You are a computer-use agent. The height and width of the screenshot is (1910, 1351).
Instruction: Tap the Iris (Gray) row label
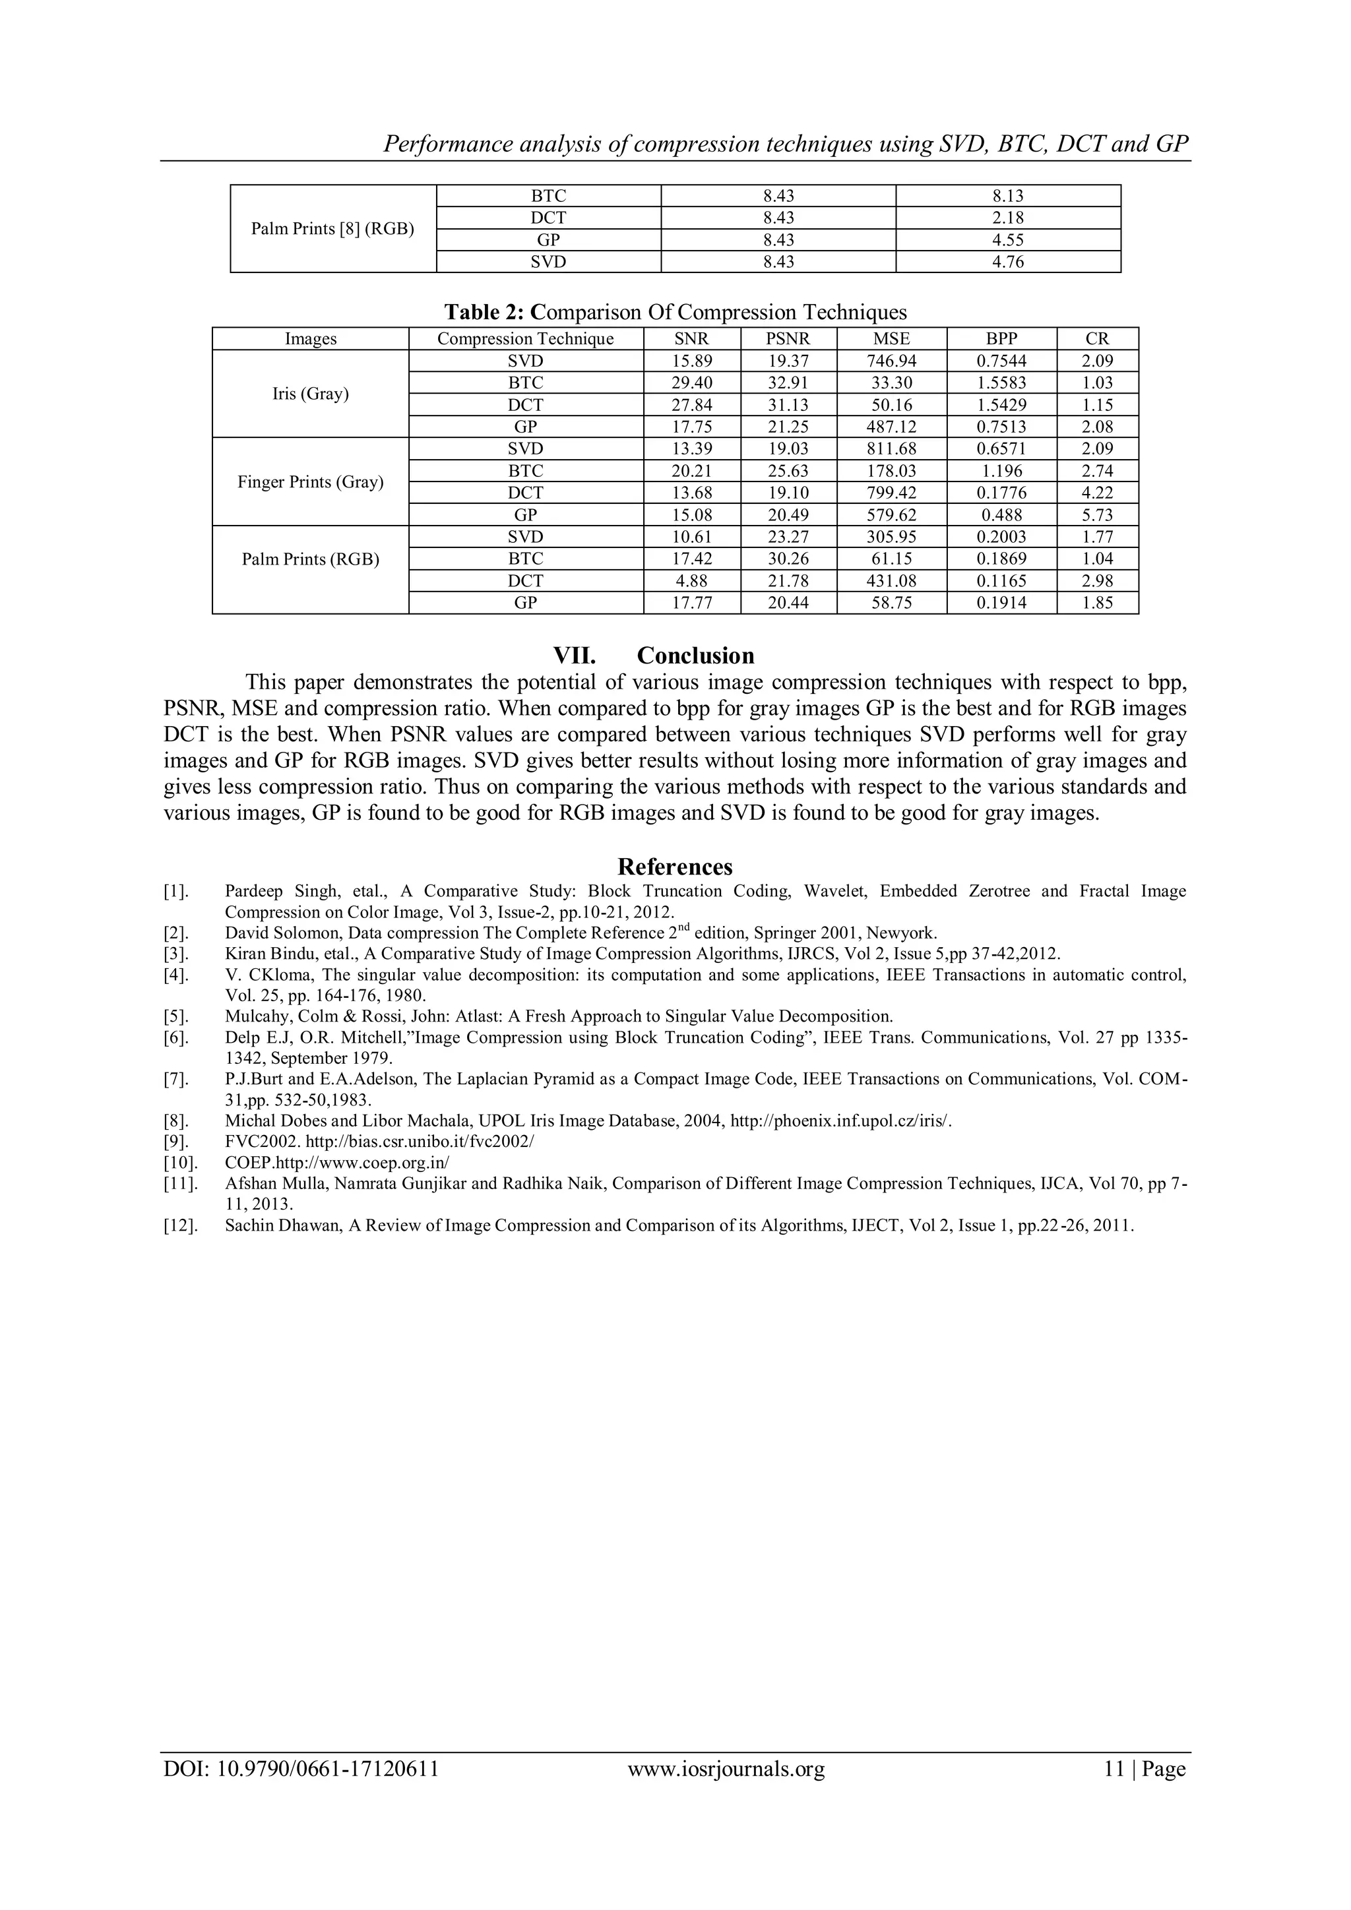tap(310, 394)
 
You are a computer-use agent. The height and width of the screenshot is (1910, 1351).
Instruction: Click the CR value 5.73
tap(1096, 515)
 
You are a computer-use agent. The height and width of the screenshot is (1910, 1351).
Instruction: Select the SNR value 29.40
tap(691, 383)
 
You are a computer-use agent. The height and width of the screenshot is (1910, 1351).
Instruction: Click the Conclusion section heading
tap(695, 656)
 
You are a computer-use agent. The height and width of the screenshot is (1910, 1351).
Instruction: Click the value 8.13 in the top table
tap(1007, 197)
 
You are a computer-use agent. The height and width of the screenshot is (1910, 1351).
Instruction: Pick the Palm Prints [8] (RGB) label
tap(332, 229)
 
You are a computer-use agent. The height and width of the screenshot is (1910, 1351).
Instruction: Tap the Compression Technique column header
tap(525, 338)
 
